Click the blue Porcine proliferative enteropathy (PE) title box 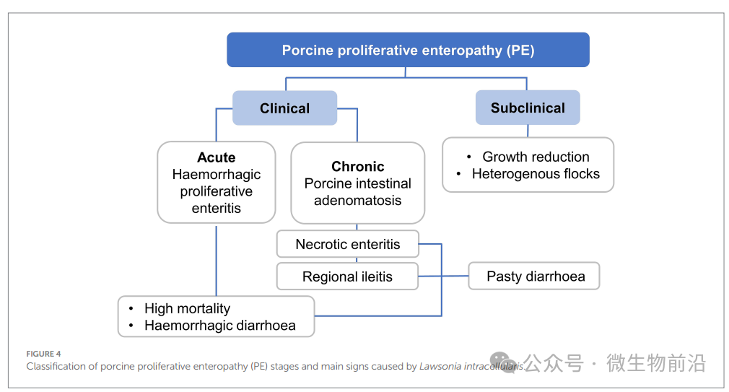pos(408,50)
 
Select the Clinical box pos(284,108)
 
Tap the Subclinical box pos(528,108)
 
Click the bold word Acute pos(217,157)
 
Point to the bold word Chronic pos(357,167)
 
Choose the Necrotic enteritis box pos(347,244)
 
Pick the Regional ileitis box pos(347,276)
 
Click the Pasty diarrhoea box pos(535,276)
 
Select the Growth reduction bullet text pos(536,157)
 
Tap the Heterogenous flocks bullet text pos(536,174)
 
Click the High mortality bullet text pos(187,308)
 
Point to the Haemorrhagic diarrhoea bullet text pos(219,326)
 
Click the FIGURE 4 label pos(43,354)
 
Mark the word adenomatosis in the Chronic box pos(357,201)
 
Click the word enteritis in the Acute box pos(217,209)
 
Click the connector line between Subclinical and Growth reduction pos(528,131)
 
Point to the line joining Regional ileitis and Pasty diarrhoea pos(443,276)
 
